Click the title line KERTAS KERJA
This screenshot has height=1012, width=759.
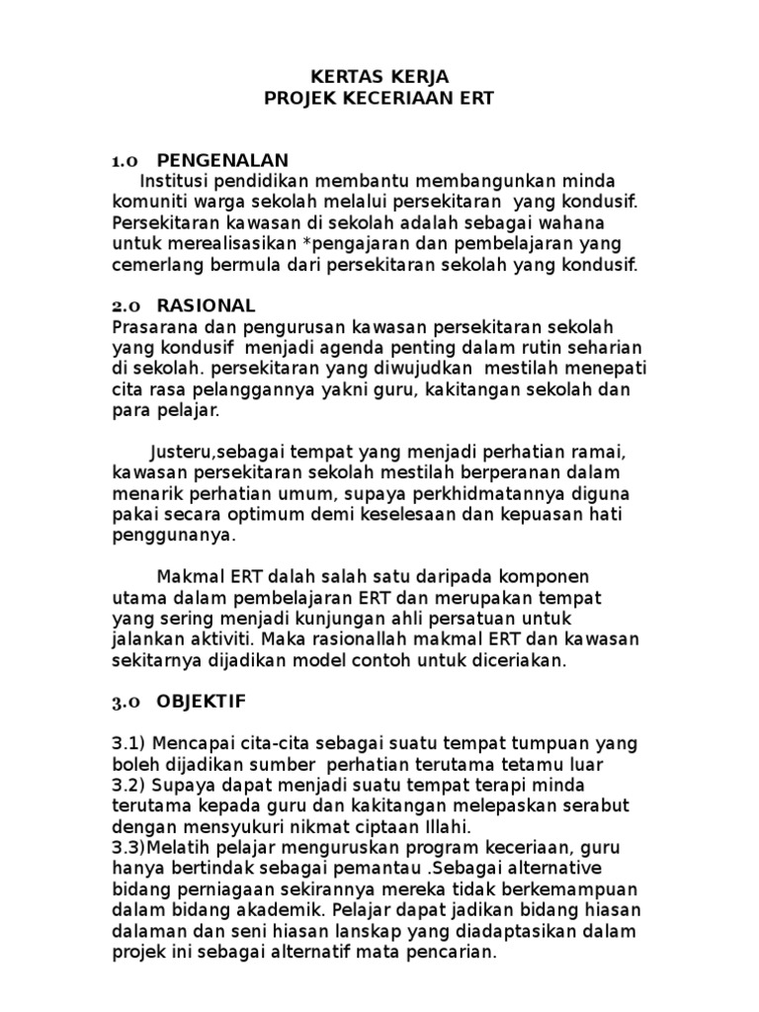pyautogui.click(x=379, y=77)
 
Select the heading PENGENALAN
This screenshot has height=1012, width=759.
pyautogui.click(x=222, y=160)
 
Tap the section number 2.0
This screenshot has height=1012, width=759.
pyautogui.click(x=127, y=305)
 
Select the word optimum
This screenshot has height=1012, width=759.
pyautogui.click(x=309, y=514)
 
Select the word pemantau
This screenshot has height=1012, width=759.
pyautogui.click(x=375, y=869)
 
